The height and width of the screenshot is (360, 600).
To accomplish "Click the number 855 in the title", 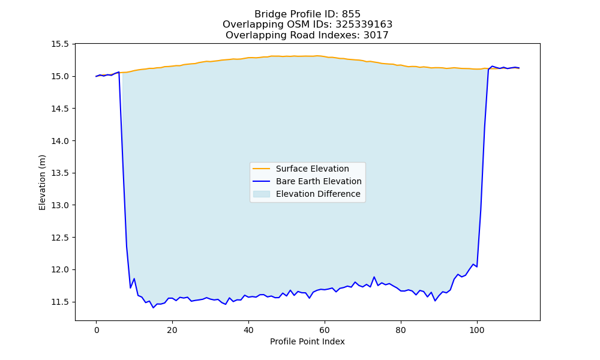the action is click(x=351, y=14).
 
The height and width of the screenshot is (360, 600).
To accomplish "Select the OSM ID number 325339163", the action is click(x=364, y=25).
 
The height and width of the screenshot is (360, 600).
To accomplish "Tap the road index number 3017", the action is click(x=376, y=35).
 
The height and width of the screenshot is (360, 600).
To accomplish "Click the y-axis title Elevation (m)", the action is click(x=42, y=182).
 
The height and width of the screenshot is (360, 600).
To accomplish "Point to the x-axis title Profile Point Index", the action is click(x=307, y=341).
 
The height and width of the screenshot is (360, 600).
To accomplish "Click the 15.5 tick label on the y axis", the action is click(x=60, y=44).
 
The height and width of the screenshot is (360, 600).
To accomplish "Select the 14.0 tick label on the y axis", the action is click(x=60, y=141).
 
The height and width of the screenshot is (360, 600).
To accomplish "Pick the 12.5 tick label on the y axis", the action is click(x=60, y=238).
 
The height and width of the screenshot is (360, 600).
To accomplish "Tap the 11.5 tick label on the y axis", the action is click(x=60, y=302).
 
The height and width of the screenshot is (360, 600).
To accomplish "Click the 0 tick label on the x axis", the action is click(x=97, y=330).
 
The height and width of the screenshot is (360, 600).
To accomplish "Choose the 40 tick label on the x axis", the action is click(x=248, y=330).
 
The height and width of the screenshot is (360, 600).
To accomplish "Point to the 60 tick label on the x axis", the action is click(x=325, y=330).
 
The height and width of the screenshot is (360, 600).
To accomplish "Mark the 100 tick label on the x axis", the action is click(x=477, y=330).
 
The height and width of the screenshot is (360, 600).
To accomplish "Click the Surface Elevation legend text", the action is click(x=312, y=169).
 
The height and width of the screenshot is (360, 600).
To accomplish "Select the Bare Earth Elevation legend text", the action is click(x=319, y=181).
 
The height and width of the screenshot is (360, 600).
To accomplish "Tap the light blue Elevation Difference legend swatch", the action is click(x=262, y=194).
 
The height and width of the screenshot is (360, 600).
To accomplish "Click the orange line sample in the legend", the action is click(x=262, y=169).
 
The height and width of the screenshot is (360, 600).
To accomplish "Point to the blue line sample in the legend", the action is click(x=262, y=181).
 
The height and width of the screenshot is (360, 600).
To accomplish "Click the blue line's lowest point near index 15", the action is click(x=154, y=308).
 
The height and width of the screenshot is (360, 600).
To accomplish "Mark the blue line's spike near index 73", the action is click(x=374, y=277).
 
